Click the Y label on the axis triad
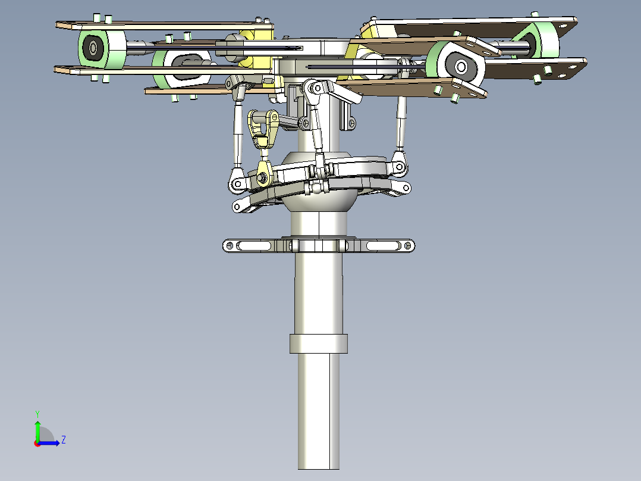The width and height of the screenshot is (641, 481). point(37,413)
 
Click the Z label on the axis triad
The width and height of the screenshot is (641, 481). point(63,440)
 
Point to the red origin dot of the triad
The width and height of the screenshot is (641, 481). point(37,443)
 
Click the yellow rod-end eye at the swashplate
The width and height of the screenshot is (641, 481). point(262,176)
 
